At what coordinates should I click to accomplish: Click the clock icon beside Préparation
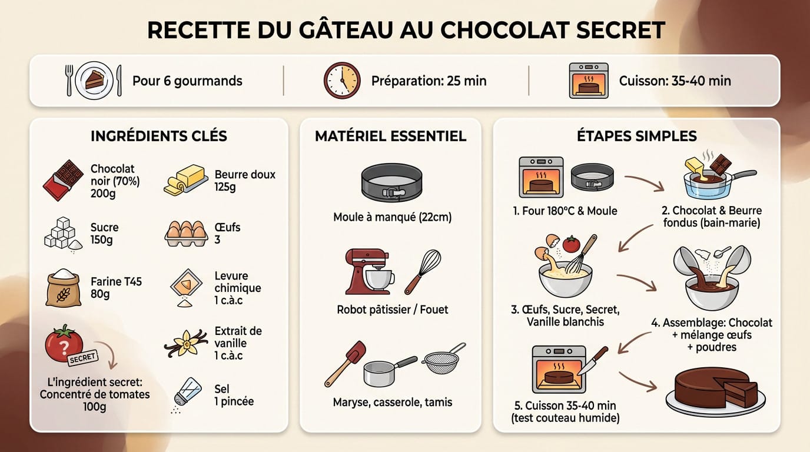341,81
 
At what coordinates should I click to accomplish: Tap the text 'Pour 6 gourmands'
187,81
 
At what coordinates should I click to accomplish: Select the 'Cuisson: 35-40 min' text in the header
675,81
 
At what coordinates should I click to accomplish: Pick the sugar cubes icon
63,234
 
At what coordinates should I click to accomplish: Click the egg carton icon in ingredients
186,233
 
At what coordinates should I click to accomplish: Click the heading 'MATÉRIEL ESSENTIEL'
390,137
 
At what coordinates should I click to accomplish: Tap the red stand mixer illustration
368,270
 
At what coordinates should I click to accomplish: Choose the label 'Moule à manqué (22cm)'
392,217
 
